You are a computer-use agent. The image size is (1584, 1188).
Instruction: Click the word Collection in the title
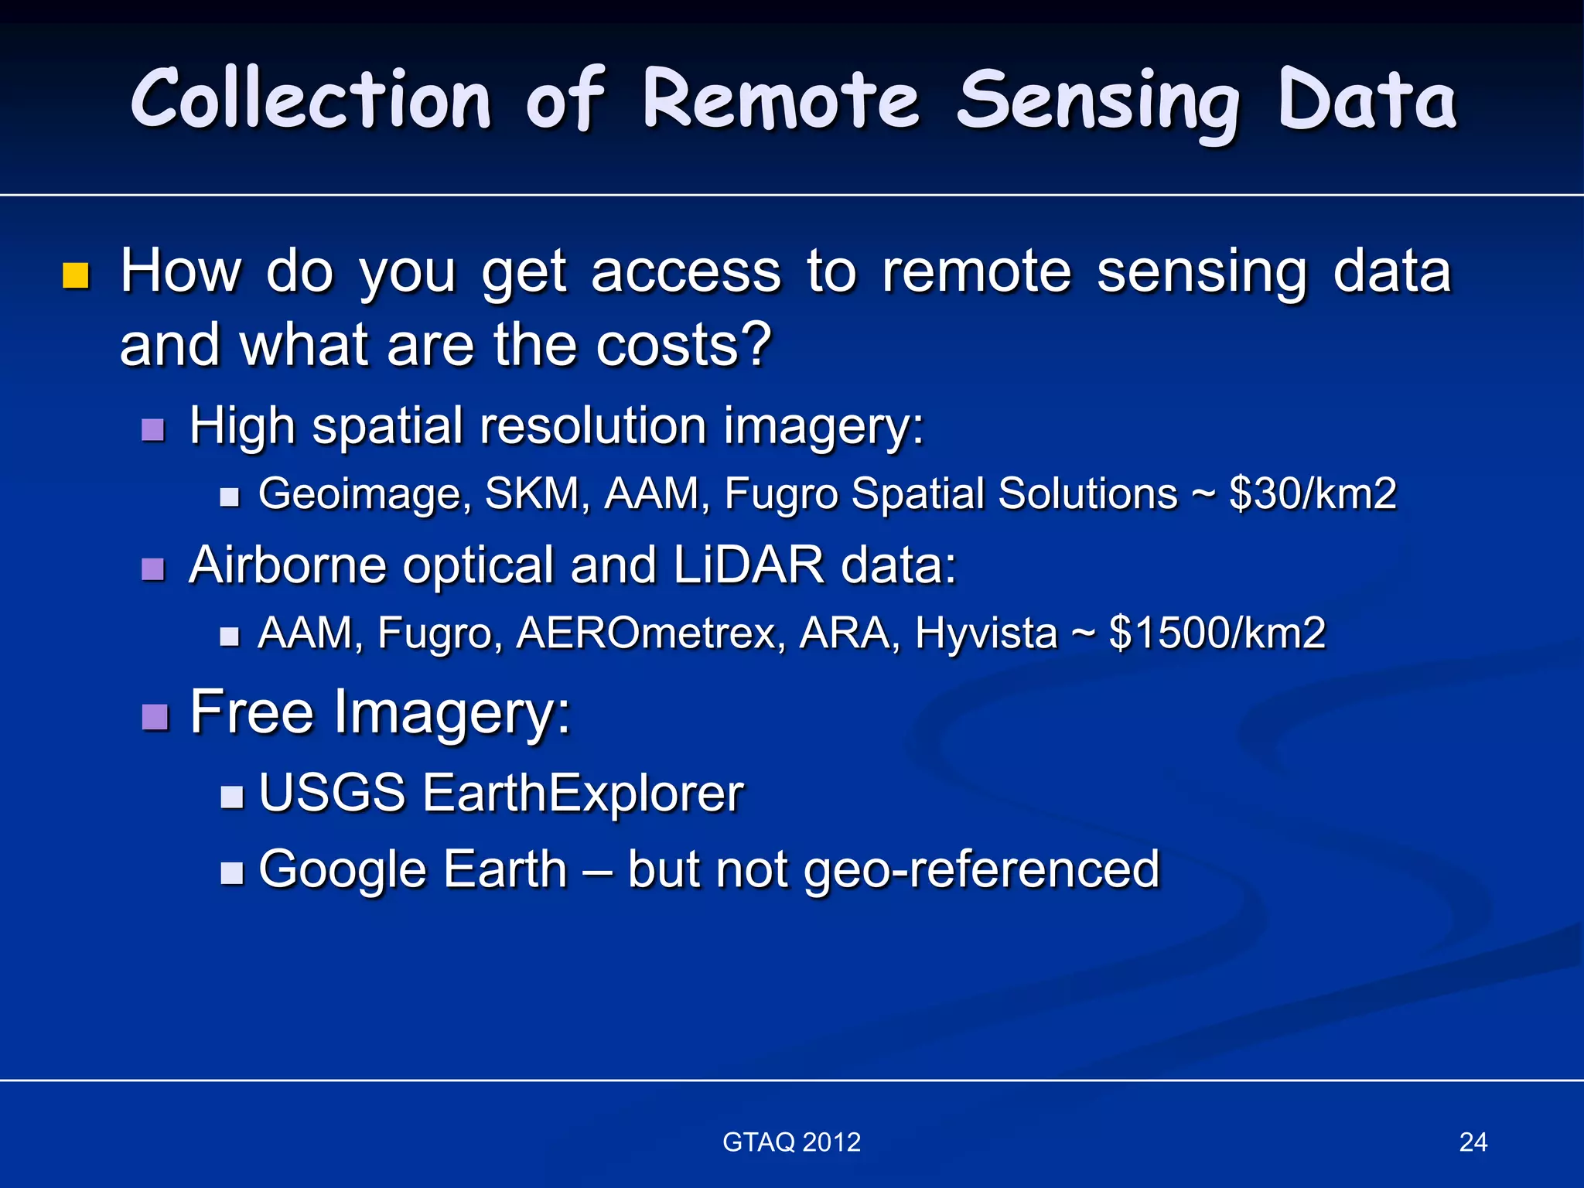[x=311, y=101]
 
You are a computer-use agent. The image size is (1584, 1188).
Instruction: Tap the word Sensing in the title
[x=1098, y=102]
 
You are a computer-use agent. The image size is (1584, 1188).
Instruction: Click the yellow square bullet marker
[x=75, y=275]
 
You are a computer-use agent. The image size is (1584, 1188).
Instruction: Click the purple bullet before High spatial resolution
[x=153, y=428]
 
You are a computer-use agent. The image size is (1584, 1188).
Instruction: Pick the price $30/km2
[x=1313, y=493]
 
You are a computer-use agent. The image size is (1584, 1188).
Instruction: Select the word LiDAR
[x=748, y=565]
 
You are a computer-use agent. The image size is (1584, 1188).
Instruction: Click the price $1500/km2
[x=1217, y=633]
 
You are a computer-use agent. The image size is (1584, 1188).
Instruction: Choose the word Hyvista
[x=985, y=633]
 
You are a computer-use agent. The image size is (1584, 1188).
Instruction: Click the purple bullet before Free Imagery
[x=155, y=716]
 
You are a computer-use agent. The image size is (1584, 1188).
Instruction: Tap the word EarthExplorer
[x=582, y=794]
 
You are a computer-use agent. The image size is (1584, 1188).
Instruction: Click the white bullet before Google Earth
[x=231, y=872]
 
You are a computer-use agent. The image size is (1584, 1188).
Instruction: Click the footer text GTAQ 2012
[x=791, y=1142]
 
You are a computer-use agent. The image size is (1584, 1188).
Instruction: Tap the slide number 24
[x=1473, y=1142]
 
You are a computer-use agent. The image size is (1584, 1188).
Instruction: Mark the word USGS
[x=332, y=794]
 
